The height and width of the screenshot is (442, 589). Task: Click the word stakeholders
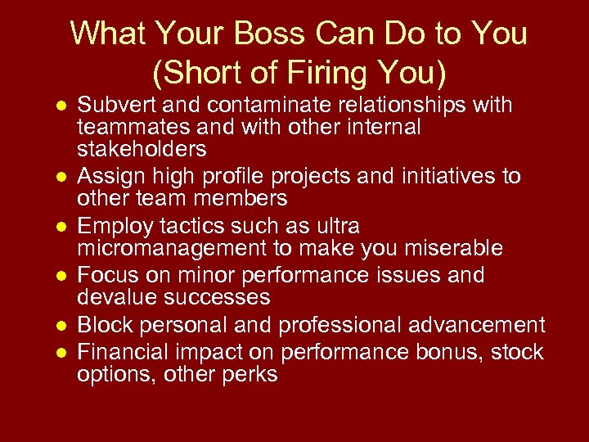click(142, 149)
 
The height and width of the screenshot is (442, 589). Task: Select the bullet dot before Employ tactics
click(61, 227)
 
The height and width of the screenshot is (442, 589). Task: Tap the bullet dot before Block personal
click(61, 326)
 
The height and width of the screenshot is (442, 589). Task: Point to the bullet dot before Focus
click(61, 276)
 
